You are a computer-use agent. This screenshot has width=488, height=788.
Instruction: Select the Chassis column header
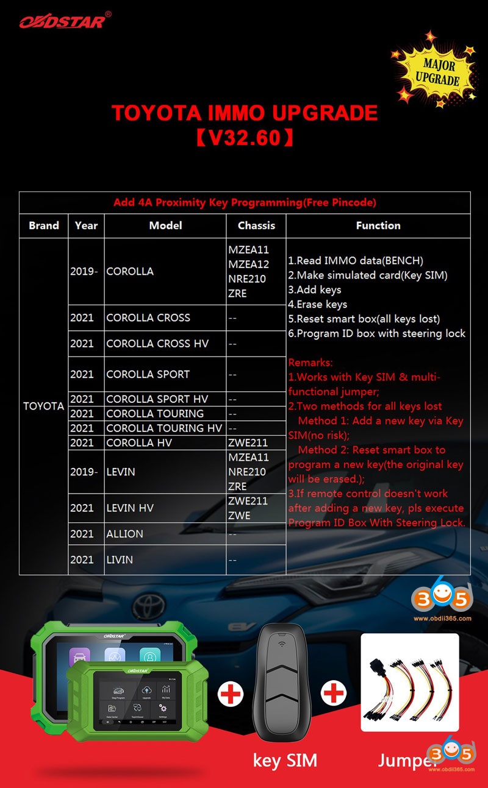(256, 225)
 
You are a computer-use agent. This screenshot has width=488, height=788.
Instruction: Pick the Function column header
(378, 225)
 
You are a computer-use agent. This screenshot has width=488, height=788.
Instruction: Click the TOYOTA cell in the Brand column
(43, 406)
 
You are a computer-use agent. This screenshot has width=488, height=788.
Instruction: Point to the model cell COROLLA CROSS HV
(157, 344)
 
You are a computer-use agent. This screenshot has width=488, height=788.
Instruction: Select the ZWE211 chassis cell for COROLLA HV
(248, 442)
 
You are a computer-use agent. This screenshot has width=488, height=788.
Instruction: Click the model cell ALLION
(124, 534)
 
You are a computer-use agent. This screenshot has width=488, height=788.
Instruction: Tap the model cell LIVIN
(120, 559)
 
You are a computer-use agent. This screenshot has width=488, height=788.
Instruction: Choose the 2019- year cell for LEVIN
(84, 472)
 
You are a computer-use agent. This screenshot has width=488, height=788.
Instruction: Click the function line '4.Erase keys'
(318, 304)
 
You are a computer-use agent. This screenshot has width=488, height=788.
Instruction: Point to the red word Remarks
(310, 362)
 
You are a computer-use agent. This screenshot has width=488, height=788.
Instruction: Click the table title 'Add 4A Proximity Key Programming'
(245, 202)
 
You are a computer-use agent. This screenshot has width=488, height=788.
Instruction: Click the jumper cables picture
(409, 683)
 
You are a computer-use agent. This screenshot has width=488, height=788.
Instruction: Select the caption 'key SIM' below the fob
(285, 760)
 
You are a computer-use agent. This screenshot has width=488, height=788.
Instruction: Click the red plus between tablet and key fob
(231, 694)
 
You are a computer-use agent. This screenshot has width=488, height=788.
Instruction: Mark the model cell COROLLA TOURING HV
(163, 428)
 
